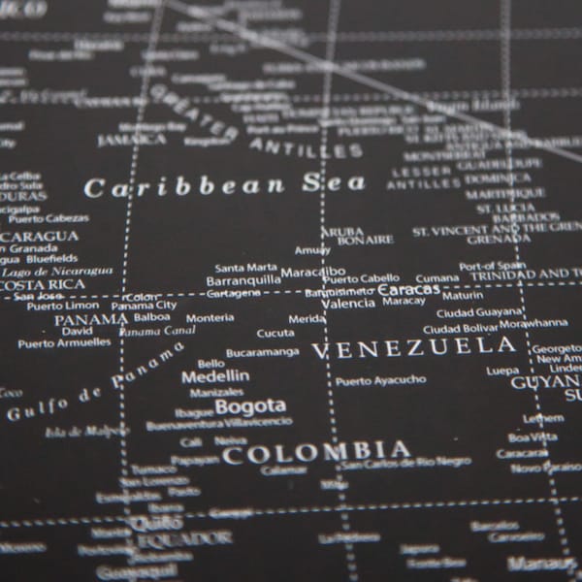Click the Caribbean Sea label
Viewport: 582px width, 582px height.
pyautogui.click(x=225, y=184)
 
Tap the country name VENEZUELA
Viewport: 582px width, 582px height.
pyautogui.click(x=413, y=347)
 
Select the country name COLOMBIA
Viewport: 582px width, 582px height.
pyautogui.click(x=316, y=451)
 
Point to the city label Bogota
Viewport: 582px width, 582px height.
pyautogui.click(x=250, y=405)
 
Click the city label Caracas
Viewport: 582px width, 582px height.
pyautogui.click(x=408, y=289)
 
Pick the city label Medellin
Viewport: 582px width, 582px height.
pyautogui.click(x=215, y=376)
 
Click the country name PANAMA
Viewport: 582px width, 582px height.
pyautogui.click(x=90, y=319)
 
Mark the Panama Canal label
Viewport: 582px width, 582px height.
pyautogui.click(x=157, y=331)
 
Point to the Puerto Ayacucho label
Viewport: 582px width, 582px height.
pyautogui.click(x=380, y=380)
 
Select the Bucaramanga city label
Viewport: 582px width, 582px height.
pyautogui.click(x=259, y=353)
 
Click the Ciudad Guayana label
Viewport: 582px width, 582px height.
pyautogui.click(x=479, y=312)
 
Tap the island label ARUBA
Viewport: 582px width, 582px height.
pyautogui.click(x=341, y=232)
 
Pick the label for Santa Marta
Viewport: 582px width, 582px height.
pyautogui.click(x=245, y=267)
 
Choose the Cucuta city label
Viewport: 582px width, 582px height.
pyautogui.click(x=275, y=333)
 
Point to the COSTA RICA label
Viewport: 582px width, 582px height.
pyautogui.click(x=43, y=284)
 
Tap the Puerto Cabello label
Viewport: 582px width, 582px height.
pyautogui.click(x=361, y=278)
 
